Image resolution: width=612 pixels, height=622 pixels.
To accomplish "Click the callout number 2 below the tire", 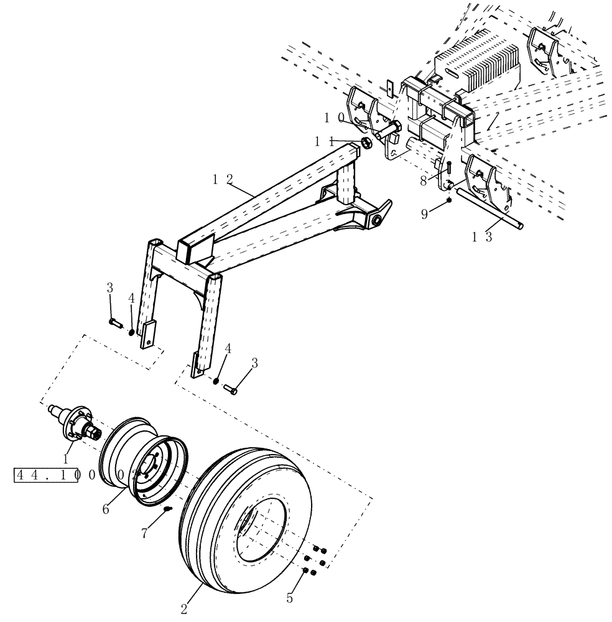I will pos(184,605).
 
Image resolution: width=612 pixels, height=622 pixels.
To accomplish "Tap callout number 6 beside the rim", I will pos(107,508).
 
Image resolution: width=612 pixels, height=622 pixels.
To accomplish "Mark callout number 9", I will pos(425,213).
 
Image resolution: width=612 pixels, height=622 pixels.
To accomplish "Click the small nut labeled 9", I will pos(448,201).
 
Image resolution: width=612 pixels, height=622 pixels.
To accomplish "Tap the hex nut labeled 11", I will pos(367,143).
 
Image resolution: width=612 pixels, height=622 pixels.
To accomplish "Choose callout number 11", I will pos(325,142).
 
